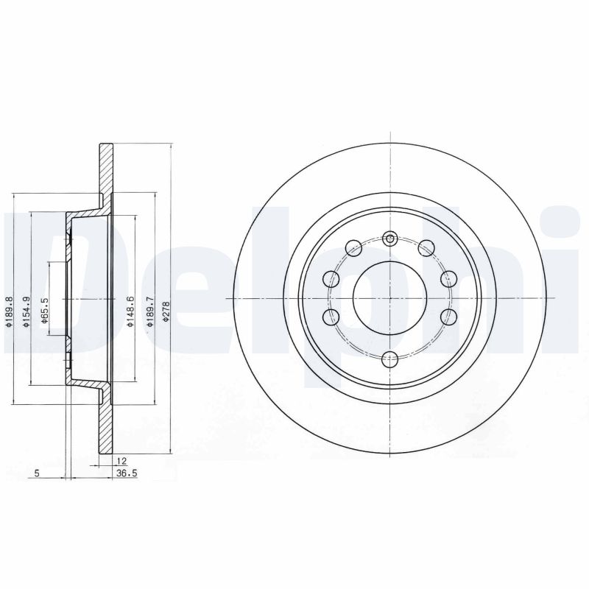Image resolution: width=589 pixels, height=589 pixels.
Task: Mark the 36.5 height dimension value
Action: tap(127, 474)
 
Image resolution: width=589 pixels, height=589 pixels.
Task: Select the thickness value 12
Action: tap(120, 461)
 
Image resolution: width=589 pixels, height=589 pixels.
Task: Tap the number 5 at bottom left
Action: tap(37, 474)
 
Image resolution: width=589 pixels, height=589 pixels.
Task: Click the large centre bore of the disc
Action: tap(390, 298)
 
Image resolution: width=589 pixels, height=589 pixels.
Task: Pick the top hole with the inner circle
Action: tap(390, 238)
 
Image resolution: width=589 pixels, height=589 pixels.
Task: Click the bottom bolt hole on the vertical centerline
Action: tap(390, 359)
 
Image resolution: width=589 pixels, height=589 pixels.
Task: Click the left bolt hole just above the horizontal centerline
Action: tap(331, 279)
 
